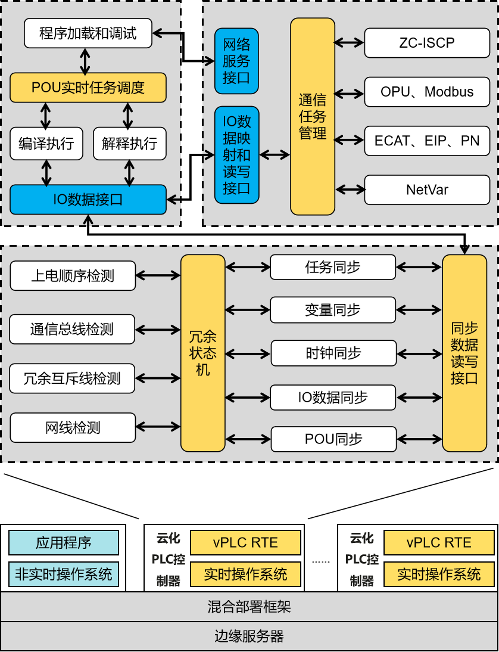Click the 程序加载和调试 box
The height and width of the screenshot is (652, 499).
click(88, 33)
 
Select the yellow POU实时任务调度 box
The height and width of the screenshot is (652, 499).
click(88, 88)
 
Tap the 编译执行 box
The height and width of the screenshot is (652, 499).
click(46, 144)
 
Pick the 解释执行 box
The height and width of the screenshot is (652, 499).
click(129, 144)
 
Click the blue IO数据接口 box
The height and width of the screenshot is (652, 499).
click(88, 200)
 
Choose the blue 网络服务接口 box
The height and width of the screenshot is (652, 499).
click(236, 61)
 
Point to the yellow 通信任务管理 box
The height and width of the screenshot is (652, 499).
click(313, 116)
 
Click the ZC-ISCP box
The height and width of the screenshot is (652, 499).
click(427, 43)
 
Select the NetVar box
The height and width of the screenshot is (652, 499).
click(427, 190)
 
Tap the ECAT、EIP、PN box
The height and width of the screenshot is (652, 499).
click(427, 141)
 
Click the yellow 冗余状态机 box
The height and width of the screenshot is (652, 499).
click(203, 353)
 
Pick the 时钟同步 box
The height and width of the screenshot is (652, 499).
click(333, 353)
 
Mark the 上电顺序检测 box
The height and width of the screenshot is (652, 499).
click(73, 276)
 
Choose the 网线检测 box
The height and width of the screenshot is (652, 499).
click(73, 427)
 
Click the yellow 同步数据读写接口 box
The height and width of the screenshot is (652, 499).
click(464, 353)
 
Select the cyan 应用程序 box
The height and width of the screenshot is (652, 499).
click(64, 543)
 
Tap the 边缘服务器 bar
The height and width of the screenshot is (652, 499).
click(249, 636)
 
